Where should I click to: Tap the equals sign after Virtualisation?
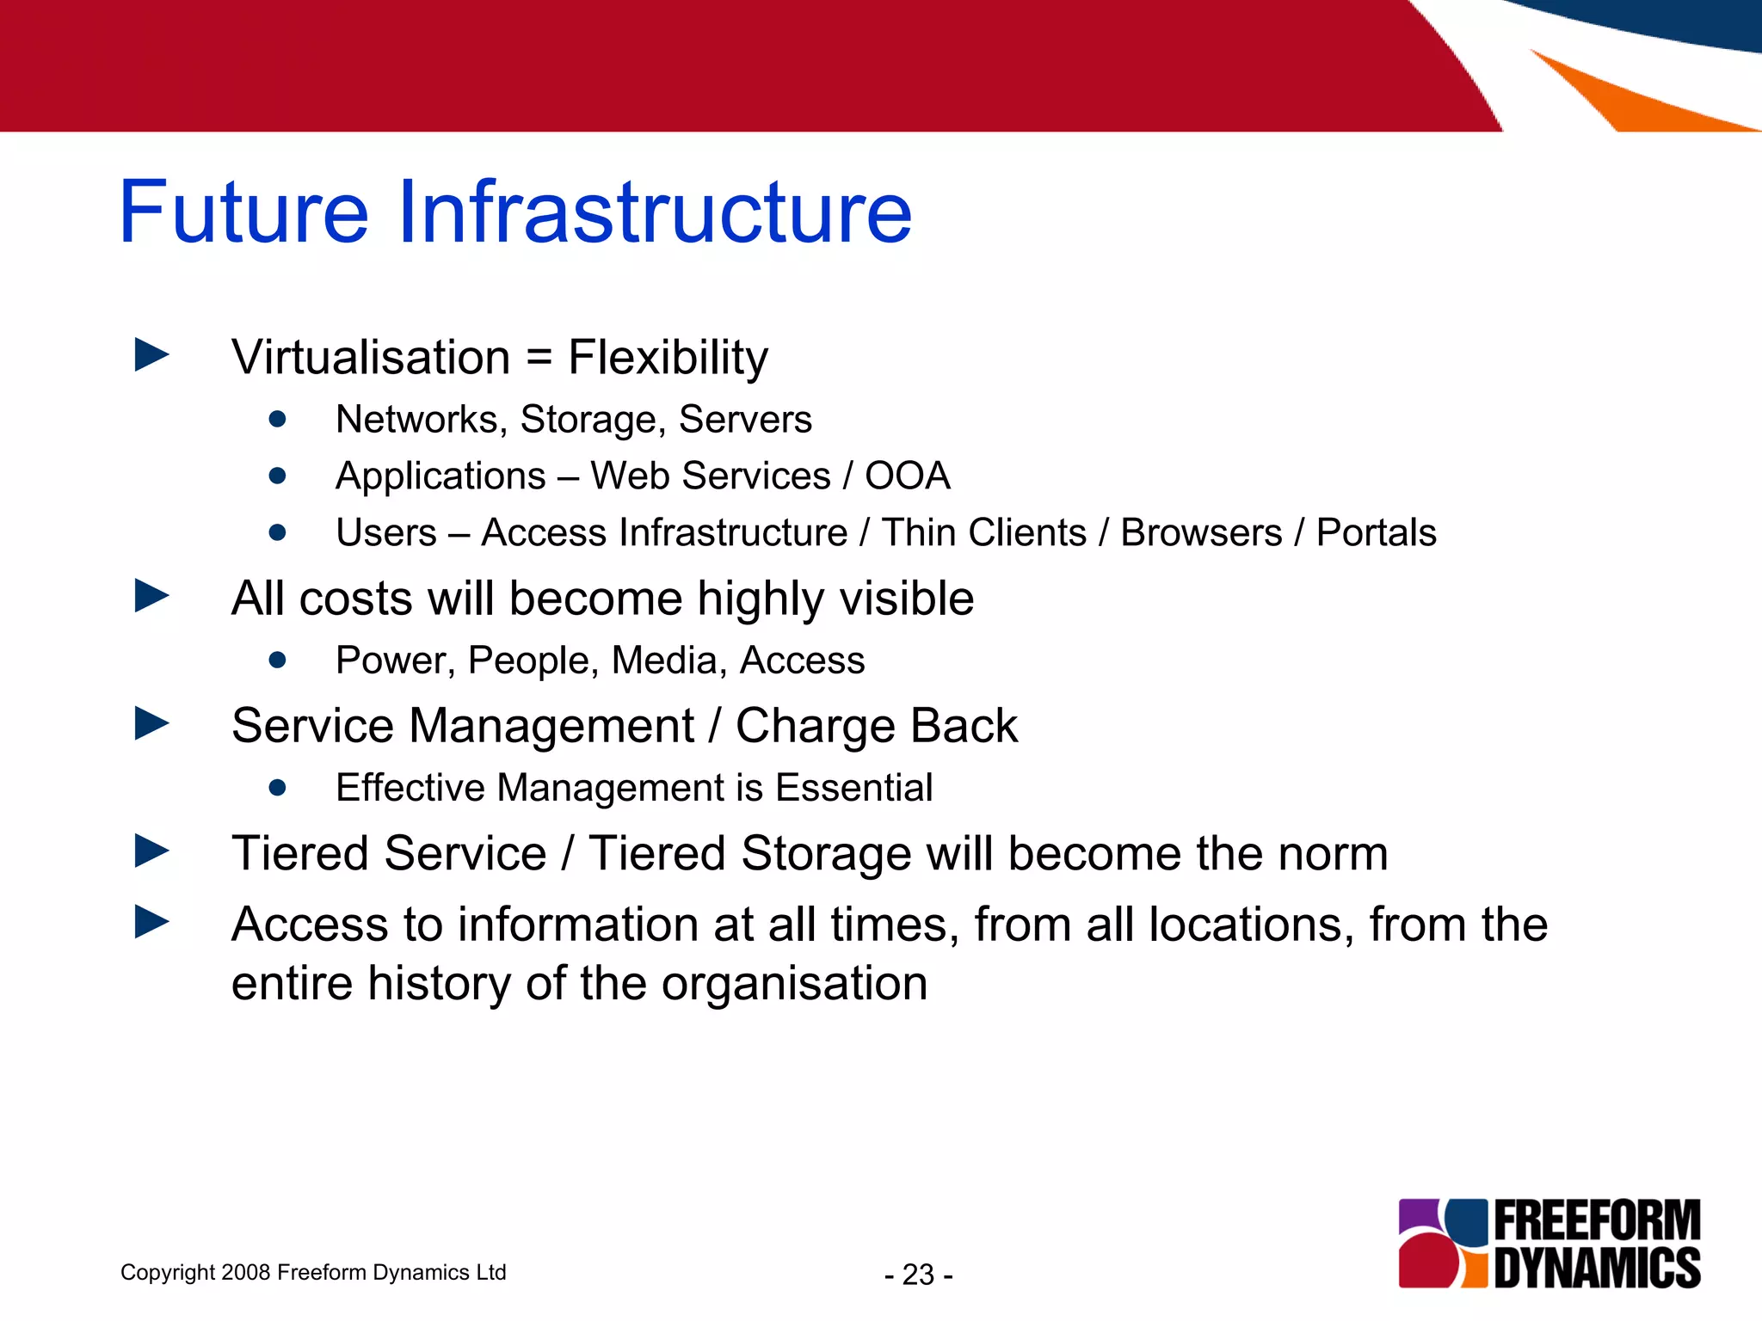tap(539, 357)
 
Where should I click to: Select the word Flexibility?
tap(668, 359)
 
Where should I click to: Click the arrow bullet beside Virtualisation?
tap(152, 355)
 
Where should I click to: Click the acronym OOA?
tap(907, 476)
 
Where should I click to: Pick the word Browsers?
tap(1201, 533)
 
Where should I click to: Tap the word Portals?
tap(1376, 533)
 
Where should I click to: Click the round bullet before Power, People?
tap(277, 660)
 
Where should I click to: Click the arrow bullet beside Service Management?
tap(152, 723)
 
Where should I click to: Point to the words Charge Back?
tap(876, 726)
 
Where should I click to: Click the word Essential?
tap(853, 788)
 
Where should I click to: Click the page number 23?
tap(918, 1275)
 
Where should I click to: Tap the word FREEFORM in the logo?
tap(1597, 1221)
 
